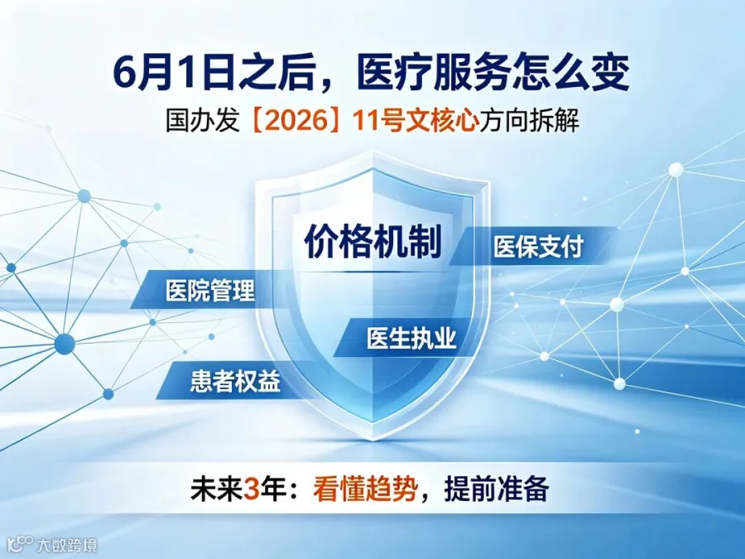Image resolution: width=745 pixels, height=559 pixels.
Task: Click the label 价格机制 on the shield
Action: coord(373,241)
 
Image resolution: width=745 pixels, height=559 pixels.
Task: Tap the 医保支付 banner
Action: coord(534,246)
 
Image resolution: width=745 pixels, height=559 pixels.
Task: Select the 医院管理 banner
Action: coord(210,290)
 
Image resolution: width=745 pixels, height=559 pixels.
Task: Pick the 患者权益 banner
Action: coord(235,381)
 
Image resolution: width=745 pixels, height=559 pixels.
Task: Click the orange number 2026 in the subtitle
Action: coord(291,121)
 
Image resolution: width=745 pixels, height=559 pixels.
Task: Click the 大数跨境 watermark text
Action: coord(67,544)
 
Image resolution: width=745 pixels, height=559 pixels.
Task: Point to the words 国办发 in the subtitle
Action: coord(202,121)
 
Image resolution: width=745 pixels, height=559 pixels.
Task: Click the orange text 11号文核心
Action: coord(416,121)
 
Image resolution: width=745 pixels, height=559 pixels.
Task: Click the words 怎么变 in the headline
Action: coord(570,74)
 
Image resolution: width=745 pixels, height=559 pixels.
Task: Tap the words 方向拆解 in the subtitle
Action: coord(529,121)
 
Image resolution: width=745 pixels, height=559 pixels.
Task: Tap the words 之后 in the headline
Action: coord(274,74)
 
